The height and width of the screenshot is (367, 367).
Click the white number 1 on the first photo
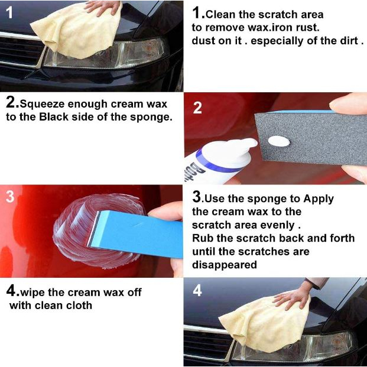point(9,12)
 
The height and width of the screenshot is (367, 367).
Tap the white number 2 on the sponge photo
point(197,108)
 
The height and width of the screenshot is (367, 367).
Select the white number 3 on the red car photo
point(10,196)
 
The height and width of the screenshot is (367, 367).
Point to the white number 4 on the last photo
point(197,291)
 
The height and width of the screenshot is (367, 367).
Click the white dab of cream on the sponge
point(279,141)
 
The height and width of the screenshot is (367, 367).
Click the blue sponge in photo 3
point(135,233)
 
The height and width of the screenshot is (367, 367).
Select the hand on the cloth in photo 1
point(102,7)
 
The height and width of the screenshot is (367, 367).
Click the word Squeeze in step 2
point(42,105)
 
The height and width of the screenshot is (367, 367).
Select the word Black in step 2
point(54,117)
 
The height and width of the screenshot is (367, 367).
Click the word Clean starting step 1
point(220,15)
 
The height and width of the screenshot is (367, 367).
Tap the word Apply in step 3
point(319,199)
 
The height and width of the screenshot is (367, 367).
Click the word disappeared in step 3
point(225,265)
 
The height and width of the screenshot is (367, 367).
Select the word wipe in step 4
point(33,293)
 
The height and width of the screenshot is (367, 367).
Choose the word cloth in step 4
point(79,306)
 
